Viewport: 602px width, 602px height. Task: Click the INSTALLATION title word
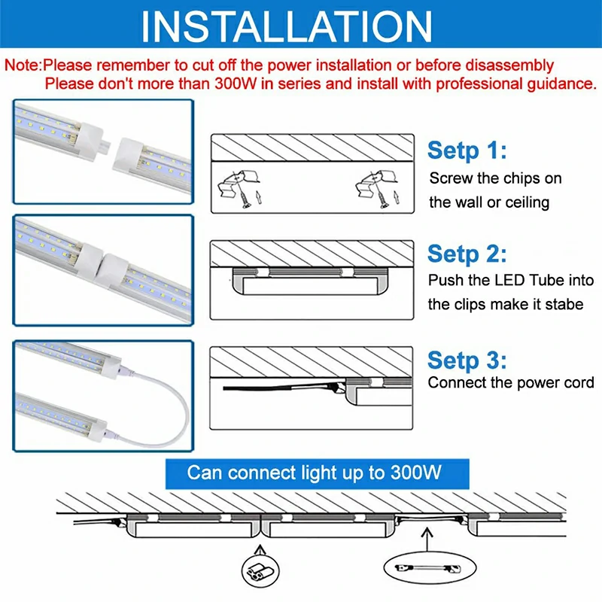287,26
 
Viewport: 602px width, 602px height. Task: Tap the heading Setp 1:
467,150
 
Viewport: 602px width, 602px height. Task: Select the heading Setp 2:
467,254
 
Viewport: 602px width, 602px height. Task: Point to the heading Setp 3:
467,360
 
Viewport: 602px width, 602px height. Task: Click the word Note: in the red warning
23,65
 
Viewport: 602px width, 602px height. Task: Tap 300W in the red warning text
236,84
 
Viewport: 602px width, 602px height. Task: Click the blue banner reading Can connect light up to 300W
317,473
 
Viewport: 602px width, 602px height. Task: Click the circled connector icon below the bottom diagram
260,571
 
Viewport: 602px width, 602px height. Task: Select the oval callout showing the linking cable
430,567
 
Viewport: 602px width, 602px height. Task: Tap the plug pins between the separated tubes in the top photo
105,146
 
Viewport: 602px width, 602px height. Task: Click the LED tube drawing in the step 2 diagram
310,281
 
